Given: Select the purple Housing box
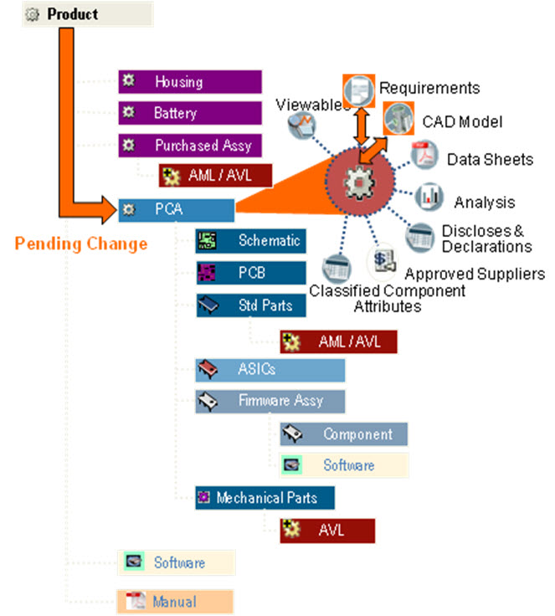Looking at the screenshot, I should point(189,82).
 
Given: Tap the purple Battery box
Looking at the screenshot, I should point(189,113).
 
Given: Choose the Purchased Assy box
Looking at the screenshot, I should point(189,145).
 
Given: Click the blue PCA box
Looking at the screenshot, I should point(176,208).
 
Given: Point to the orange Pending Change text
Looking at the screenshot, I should point(81,244).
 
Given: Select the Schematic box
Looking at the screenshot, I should point(250,241).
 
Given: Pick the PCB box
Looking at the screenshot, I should point(250,273).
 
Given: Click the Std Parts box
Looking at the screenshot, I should point(250,305).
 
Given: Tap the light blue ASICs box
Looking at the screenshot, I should point(270,369).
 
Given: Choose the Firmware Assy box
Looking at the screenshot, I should point(270,401).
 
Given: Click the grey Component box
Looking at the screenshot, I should point(343,434).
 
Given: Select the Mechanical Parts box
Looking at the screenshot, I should point(265,498).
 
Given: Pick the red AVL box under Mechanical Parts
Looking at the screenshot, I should point(327,530).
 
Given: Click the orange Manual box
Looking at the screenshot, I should point(174,602).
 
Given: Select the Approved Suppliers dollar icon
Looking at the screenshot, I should point(384,261).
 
